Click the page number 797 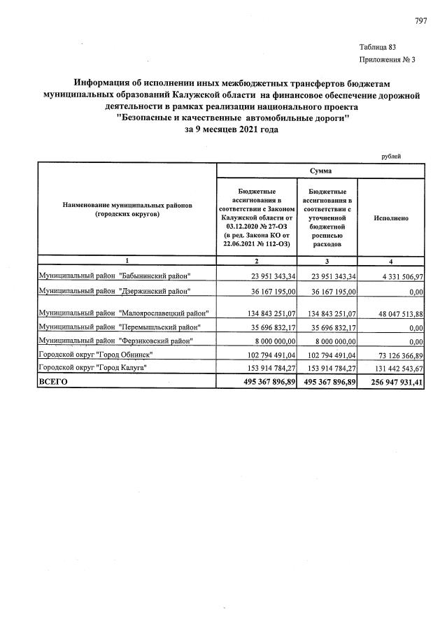420,20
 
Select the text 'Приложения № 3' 387,60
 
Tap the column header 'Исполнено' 391,218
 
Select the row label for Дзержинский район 114,290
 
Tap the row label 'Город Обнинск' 94,354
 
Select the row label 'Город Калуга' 93,367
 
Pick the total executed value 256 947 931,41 392,382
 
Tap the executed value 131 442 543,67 392,368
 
